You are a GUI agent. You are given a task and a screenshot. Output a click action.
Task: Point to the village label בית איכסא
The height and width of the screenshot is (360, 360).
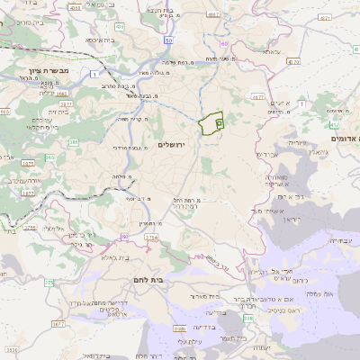101,40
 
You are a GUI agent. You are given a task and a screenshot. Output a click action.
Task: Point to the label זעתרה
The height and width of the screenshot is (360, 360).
260,346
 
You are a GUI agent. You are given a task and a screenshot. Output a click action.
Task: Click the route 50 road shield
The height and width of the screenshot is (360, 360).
167,40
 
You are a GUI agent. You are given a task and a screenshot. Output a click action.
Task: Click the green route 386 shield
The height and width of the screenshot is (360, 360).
74,142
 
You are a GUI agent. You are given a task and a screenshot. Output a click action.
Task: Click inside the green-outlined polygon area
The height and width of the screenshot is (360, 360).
211,123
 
